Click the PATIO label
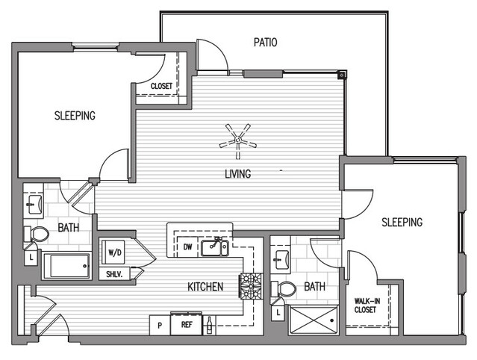265,43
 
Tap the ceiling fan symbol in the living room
238,140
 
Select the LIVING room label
238,174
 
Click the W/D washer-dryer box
113,252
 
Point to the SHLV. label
114,274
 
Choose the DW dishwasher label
187,246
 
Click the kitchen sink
214,248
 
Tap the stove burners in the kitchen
252,286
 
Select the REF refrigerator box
186,324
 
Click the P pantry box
160,325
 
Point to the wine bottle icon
209,326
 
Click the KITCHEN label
205,287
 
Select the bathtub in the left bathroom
67,265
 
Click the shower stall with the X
314,320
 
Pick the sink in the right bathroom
281,260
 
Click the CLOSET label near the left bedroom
161,86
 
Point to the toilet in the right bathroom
284,289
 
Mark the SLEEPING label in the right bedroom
402,222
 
